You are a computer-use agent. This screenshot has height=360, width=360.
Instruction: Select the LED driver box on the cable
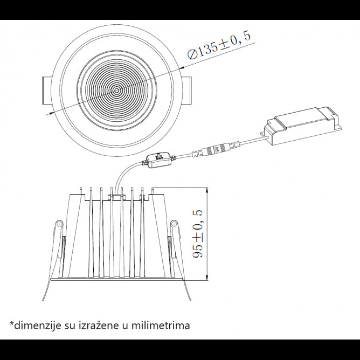(301, 126)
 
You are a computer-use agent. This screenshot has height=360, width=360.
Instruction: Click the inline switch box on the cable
(160, 160)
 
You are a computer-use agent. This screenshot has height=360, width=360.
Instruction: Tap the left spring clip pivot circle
(58, 224)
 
